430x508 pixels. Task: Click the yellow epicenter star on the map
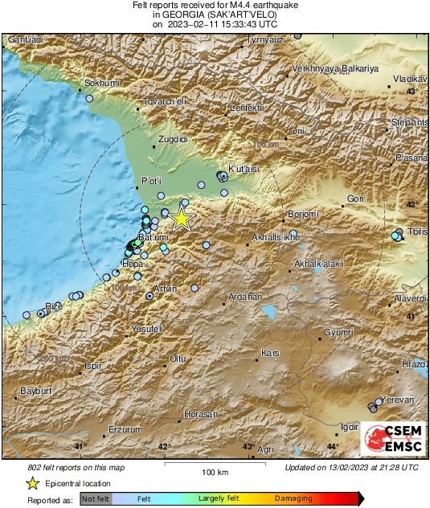click(182, 218)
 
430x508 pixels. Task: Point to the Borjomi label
click(304, 215)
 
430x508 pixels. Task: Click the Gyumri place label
click(338, 332)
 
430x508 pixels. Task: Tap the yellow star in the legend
click(32, 483)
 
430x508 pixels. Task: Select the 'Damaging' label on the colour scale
click(293, 498)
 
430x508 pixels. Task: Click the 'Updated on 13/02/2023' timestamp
click(351, 467)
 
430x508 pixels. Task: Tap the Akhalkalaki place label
click(319, 264)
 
